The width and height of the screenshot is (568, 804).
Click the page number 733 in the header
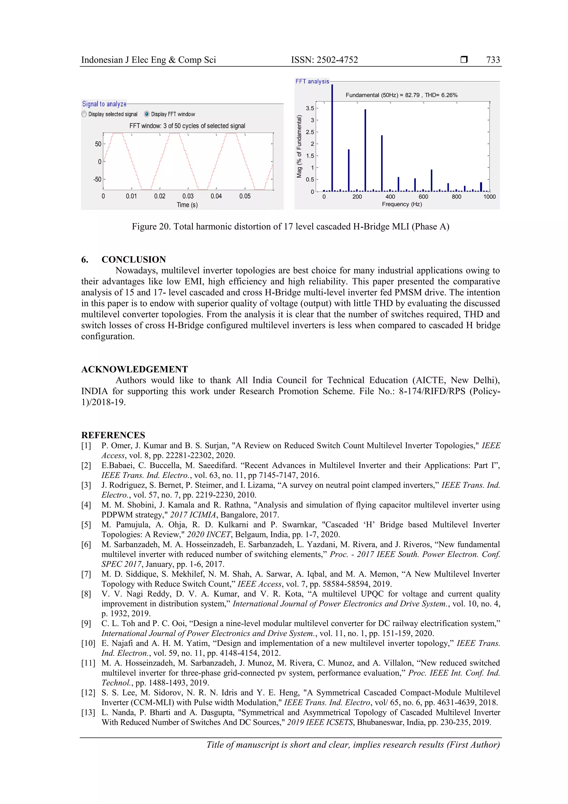coord(493,60)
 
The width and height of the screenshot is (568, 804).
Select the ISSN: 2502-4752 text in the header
coord(324,60)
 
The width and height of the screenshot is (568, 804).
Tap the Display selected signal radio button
coord(84,114)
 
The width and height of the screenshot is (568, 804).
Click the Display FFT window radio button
coord(147,114)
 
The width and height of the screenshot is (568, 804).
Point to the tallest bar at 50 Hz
coord(332,140)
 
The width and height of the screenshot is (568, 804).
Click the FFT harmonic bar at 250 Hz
coord(365,151)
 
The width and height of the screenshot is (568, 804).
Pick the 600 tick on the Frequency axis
coord(423,197)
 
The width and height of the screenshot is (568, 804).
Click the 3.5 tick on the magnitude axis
coord(310,108)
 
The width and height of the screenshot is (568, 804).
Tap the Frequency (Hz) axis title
coord(402,204)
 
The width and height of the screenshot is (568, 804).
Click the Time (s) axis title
coord(187,205)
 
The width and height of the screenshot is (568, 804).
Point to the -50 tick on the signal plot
coord(97,179)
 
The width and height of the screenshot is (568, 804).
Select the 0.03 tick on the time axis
coord(188,196)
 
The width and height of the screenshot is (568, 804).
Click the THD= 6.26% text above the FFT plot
coord(441,95)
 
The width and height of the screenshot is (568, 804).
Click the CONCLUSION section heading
coord(133,259)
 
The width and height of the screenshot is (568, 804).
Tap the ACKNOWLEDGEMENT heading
coord(135,369)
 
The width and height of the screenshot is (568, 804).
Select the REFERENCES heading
coord(113,435)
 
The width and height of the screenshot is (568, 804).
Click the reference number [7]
coord(86,574)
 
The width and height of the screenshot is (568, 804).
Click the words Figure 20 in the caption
coord(151,226)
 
